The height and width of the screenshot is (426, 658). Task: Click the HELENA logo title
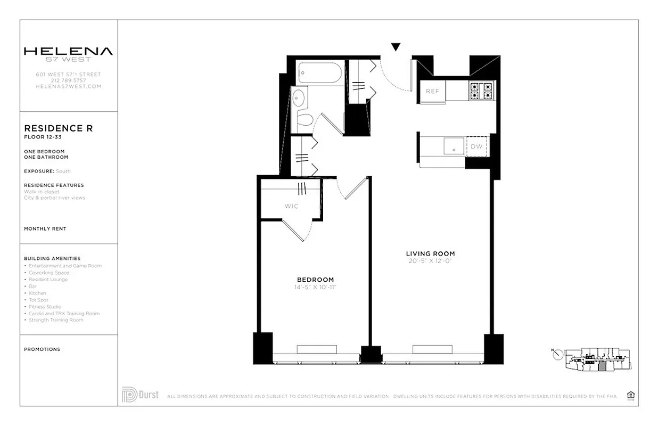(68, 51)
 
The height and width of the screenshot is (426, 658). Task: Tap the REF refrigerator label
(432, 91)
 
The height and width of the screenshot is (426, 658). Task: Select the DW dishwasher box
(476, 146)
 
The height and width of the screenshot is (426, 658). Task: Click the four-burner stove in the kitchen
(481, 91)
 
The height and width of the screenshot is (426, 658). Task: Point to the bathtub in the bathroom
(319, 73)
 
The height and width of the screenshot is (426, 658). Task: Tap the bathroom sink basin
(298, 98)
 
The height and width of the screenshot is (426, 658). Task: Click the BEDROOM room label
(315, 280)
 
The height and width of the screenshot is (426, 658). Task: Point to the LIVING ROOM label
(430, 253)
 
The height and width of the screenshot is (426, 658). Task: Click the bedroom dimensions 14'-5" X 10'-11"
(316, 288)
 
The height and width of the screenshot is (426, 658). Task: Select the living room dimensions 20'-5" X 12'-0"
(430, 261)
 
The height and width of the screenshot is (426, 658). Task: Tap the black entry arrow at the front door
(396, 47)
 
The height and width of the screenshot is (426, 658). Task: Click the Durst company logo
(140, 395)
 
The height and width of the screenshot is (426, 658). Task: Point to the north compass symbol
(557, 354)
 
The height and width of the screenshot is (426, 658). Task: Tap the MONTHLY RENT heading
(45, 228)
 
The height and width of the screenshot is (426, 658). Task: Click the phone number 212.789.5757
(68, 80)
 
